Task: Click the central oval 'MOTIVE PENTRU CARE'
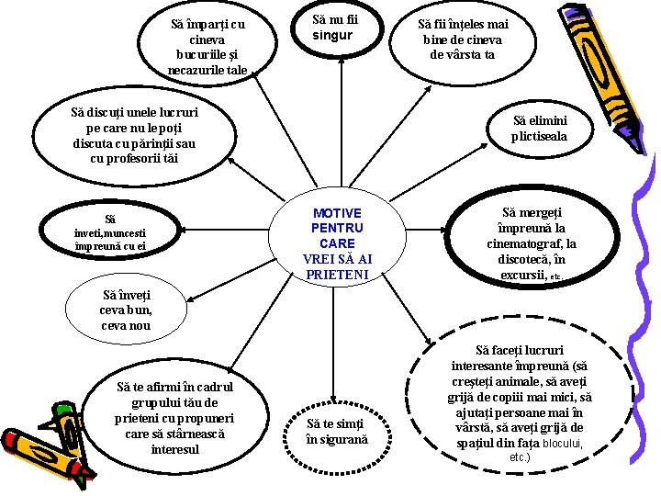pos(336,243)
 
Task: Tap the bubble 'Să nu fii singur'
pos(331,28)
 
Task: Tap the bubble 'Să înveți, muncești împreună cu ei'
pos(110,233)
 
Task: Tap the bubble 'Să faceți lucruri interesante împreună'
pos(521,402)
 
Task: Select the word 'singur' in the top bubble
pos(331,36)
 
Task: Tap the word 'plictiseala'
pos(539,137)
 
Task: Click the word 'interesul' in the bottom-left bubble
pos(174,449)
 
